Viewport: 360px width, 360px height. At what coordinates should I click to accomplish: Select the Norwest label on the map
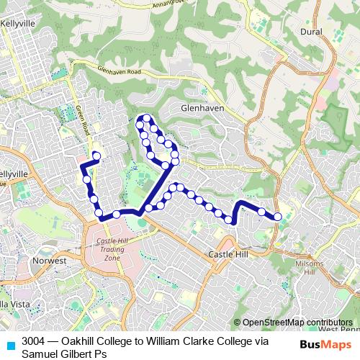[49, 261]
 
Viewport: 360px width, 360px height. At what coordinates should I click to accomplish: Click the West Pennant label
[338, 328]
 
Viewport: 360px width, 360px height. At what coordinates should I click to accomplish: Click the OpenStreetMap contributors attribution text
[297, 322]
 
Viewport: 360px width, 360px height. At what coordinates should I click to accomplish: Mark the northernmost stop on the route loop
[147, 118]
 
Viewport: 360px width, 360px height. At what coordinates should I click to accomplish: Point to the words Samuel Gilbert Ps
[65, 354]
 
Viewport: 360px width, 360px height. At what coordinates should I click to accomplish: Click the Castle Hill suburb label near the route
[228, 255]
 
